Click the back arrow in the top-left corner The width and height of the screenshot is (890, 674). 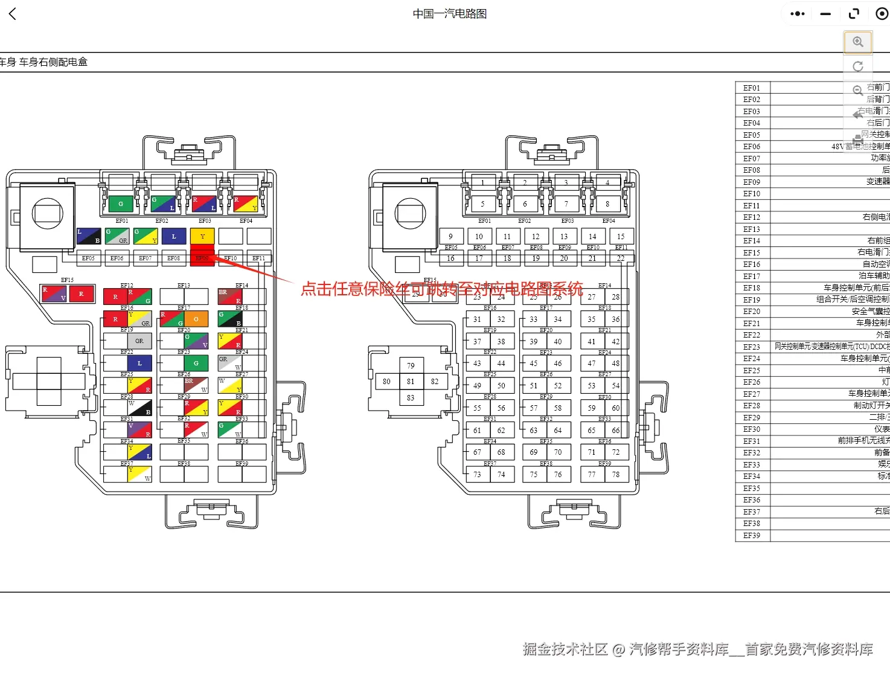(x=13, y=14)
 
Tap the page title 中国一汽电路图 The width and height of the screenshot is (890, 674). (x=449, y=14)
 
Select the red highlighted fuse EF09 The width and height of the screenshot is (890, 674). (x=202, y=258)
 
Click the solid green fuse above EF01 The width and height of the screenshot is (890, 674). (x=121, y=204)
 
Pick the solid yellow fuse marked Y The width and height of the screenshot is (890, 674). (x=202, y=236)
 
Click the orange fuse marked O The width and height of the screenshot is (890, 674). (x=196, y=319)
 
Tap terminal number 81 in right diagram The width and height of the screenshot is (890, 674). (x=411, y=382)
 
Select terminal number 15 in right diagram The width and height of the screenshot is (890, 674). (x=621, y=237)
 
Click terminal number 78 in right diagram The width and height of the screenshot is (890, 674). (x=616, y=475)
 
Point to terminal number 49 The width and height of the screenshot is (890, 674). (x=477, y=386)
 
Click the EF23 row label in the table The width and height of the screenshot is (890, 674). (x=752, y=347)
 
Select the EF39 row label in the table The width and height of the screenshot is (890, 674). (x=752, y=536)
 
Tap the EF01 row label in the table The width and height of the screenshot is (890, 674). (x=752, y=88)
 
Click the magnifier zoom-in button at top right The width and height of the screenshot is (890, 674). (x=857, y=42)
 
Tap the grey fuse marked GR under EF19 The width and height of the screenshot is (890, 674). (x=139, y=341)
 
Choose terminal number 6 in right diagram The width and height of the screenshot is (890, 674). (x=525, y=204)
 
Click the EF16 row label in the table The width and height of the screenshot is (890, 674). (x=752, y=265)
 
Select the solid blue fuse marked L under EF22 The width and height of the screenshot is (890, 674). (x=139, y=364)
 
